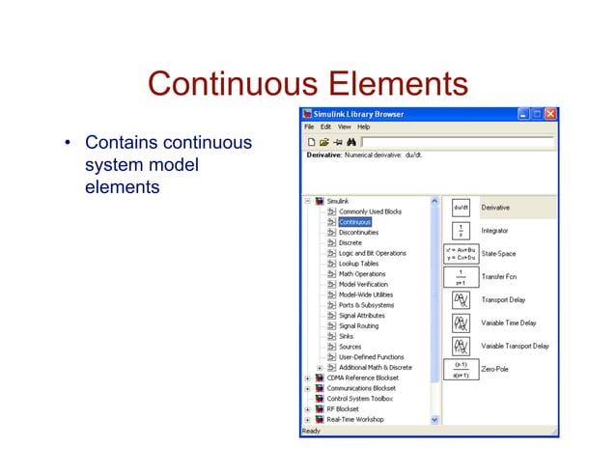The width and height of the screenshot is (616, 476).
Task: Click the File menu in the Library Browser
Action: (x=310, y=126)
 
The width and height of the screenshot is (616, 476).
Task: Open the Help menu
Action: (x=364, y=126)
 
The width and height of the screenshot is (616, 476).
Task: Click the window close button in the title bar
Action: (x=549, y=114)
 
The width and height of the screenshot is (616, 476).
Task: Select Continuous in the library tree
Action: (x=354, y=222)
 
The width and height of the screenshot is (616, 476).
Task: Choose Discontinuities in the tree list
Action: (x=358, y=233)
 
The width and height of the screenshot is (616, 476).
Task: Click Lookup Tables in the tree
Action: (x=358, y=264)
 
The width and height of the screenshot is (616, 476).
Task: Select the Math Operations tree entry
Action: (x=362, y=274)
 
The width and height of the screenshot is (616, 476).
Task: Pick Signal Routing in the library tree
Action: (x=359, y=326)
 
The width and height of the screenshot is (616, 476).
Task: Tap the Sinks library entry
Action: (x=346, y=337)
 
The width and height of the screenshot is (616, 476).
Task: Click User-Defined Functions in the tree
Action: (x=372, y=357)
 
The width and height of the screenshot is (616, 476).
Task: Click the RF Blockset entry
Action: (x=344, y=409)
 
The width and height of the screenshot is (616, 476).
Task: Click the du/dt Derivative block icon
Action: (x=461, y=208)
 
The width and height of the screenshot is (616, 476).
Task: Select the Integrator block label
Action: (x=494, y=231)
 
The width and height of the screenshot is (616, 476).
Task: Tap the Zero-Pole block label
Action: (x=493, y=369)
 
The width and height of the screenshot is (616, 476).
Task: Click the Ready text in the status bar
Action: (x=311, y=431)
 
